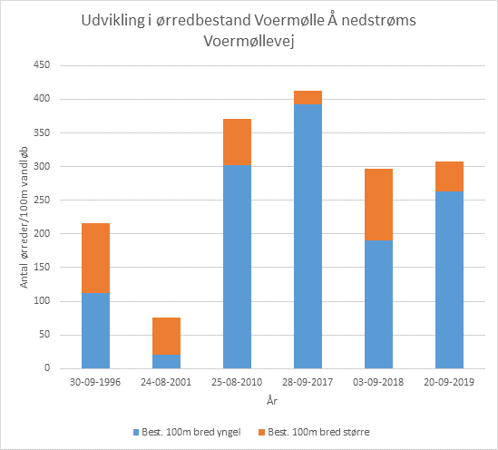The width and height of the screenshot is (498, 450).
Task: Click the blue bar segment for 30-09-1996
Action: point(95,330)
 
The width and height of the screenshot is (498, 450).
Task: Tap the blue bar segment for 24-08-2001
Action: point(166,361)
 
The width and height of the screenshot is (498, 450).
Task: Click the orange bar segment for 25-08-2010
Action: point(237,142)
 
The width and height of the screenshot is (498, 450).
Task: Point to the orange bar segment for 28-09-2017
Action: point(308,97)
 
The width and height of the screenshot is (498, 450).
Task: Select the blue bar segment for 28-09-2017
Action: point(308,236)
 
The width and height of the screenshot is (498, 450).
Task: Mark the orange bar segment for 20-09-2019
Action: point(449,176)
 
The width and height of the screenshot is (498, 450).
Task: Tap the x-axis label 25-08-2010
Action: point(237,383)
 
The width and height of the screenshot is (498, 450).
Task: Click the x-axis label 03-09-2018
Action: point(378,383)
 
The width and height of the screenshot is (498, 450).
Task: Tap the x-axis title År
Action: point(271,400)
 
